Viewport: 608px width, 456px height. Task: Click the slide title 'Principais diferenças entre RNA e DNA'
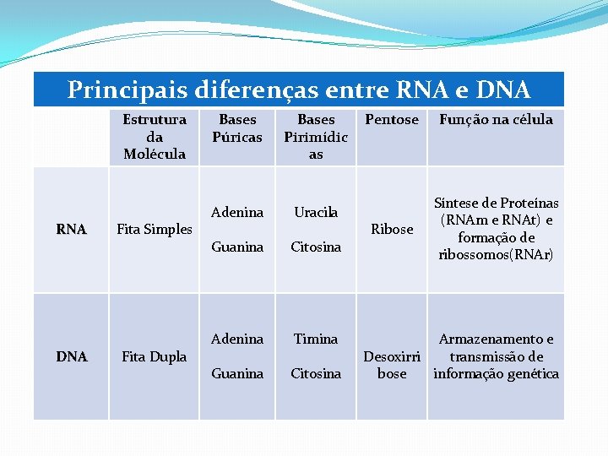coord(298,90)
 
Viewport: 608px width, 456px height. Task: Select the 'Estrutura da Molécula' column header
coord(155,136)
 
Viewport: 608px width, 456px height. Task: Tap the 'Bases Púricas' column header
coord(237,128)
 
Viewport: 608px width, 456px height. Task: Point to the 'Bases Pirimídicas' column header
coord(316,136)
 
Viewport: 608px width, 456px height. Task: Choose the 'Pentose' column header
coord(391,120)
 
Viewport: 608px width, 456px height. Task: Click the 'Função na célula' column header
coord(496,120)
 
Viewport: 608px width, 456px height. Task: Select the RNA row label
coord(71,229)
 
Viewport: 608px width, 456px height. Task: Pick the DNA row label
coord(71,356)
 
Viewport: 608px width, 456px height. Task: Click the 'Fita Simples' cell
coord(155,229)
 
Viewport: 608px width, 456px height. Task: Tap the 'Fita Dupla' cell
coord(155,356)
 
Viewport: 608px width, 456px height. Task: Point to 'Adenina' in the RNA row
coord(237,212)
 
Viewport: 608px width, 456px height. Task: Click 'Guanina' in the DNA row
coord(237,373)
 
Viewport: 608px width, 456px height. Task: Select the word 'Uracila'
coord(316,212)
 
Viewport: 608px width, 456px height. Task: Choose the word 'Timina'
coord(316,339)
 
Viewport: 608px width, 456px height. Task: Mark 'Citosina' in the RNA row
coord(316,247)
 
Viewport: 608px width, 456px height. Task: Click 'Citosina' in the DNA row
coord(316,373)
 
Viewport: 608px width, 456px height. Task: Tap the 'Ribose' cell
coord(392,229)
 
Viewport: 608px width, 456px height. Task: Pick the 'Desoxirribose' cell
coord(392,365)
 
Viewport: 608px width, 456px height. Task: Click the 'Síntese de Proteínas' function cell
coord(496,229)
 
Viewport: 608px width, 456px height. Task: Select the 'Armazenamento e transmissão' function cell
coord(496,356)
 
